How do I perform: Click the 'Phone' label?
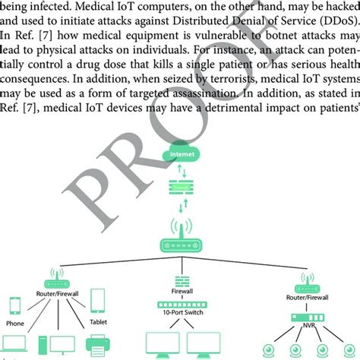15,321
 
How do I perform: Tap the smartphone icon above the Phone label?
15,304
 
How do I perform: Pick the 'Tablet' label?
99,321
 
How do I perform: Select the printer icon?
97,346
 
